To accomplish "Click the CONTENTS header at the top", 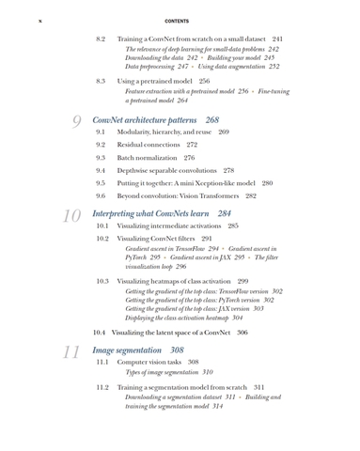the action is pos(177,21).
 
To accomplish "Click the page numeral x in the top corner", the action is pos(39,21).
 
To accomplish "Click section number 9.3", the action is pos(101,158).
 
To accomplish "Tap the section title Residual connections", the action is pos(149,146).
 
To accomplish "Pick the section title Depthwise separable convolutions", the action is pos(164,171).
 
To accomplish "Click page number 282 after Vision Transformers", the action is pos(250,196).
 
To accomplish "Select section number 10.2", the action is pos(102,240).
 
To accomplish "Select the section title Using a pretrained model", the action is pos(154,82).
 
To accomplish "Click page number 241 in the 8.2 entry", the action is pos(277,39).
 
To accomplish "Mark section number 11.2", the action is pos(102,387).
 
